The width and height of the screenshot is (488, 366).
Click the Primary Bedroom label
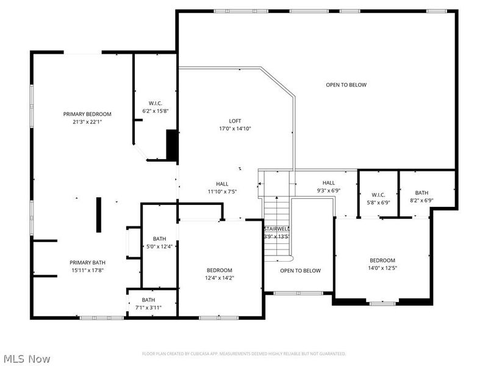87,114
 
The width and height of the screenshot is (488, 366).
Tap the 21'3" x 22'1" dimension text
87,121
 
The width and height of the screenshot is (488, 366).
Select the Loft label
235,121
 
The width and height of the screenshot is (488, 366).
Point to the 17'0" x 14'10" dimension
235,129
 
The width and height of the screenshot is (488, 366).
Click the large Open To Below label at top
346,85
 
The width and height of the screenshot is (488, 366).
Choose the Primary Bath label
87,262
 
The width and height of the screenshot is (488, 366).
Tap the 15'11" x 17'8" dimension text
87,270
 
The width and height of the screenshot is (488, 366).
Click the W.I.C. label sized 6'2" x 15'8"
155,103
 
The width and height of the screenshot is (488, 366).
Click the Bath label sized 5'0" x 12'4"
159,239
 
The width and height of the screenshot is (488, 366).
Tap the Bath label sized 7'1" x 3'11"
148,300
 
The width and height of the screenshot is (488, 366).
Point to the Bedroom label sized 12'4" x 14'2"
219,270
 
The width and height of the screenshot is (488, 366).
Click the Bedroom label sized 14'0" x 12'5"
382,260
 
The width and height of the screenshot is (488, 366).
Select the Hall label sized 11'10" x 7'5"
222,184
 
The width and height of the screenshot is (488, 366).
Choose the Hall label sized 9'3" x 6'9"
329,182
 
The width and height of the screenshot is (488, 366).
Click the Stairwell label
276,229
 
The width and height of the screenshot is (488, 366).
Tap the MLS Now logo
27,359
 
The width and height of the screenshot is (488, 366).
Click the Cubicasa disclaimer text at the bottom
244,354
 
